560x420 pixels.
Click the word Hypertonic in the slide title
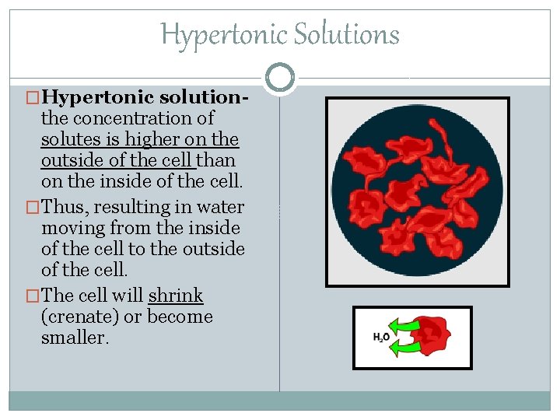click(205, 35)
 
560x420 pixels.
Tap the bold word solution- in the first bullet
click(204, 98)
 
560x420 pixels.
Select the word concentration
click(126, 119)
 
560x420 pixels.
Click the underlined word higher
click(159, 140)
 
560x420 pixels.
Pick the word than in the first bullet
click(217, 161)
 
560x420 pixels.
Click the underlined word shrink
click(176, 296)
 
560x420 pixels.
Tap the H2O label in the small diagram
click(381, 338)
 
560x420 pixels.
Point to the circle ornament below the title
click(280, 77)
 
